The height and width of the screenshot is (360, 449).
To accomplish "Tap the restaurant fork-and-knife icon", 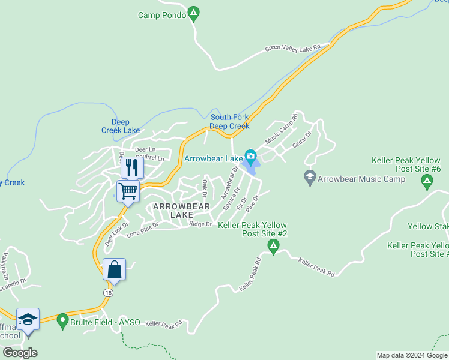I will click(x=132, y=167).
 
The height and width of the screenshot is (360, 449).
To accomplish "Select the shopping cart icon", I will click(x=128, y=191).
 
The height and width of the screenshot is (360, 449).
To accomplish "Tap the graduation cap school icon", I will click(x=28, y=319).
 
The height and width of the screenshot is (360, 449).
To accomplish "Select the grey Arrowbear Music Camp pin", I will click(x=310, y=178).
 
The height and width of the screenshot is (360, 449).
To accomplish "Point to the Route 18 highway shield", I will click(x=107, y=292).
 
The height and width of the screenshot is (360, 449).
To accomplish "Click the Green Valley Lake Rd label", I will click(x=298, y=47).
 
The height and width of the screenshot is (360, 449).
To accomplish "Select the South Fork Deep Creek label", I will click(x=229, y=122).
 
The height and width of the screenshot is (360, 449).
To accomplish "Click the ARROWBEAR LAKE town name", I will click(x=181, y=210).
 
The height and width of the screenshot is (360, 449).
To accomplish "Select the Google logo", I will click(x=20, y=353).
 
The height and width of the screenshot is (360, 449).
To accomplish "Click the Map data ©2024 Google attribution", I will click(x=411, y=355).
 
